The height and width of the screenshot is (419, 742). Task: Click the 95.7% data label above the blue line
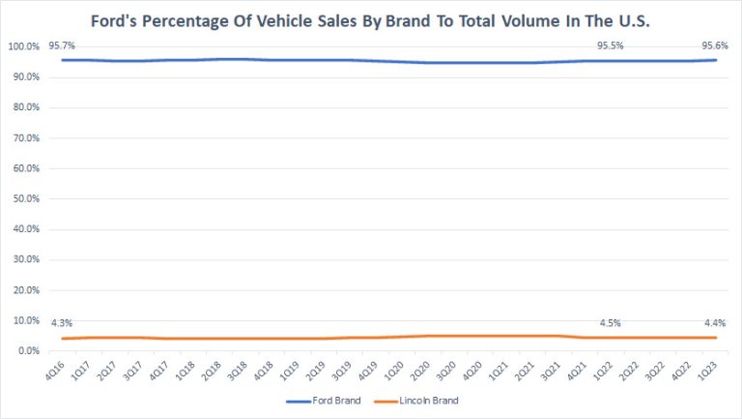click(62, 45)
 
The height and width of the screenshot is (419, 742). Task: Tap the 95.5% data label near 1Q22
click(611, 45)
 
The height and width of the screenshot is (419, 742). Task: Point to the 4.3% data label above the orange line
click(62, 323)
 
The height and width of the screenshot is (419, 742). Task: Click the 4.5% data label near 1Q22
click(611, 323)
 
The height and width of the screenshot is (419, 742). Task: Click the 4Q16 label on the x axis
click(62, 370)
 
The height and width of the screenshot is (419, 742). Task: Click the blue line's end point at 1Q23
click(716, 60)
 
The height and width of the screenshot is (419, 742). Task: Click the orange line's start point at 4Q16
click(62, 339)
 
